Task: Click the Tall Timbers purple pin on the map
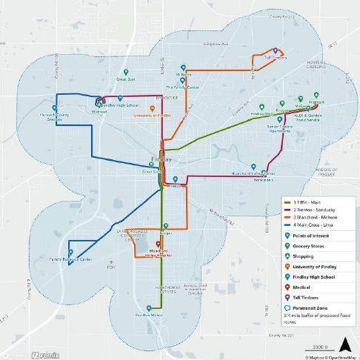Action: [x=276, y=50]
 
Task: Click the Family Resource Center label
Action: [x=71, y=260]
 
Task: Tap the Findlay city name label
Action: [x=161, y=159]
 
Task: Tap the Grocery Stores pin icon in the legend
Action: [x=288, y=245]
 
